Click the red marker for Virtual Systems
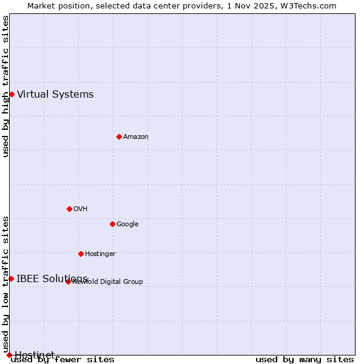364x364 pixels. coord(12,94)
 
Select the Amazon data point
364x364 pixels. coord(119,136)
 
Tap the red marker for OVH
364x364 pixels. coord(69,209)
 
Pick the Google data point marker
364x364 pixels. coord(112,224)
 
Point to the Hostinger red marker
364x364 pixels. coord(81,254)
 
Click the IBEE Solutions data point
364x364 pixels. coord(11,278)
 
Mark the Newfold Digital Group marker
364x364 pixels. coord(68,281)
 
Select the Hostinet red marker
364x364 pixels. coord(9,355)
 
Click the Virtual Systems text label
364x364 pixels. coord(55,94)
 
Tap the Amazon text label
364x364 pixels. coord(136,136)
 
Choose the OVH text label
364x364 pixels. coord(81,209)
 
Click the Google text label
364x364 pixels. coord(127,224)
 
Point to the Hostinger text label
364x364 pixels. coord(100,254)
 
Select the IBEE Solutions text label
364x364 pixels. coord(52,278)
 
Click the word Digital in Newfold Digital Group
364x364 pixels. coord(110,281)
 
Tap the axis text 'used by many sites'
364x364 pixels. coord(305,359)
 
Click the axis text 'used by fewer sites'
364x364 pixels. coord(62,359)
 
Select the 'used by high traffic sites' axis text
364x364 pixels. coord(5,86)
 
